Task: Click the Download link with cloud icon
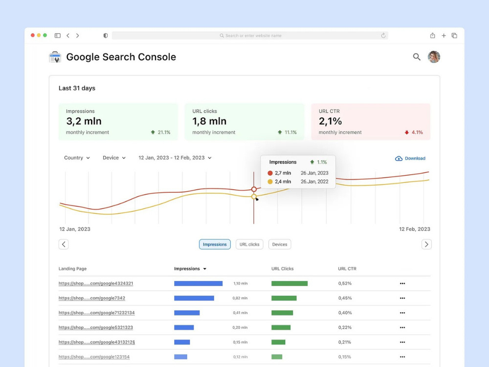(410, 158)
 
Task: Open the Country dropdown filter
(77, 158)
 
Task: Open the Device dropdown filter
(114, 158)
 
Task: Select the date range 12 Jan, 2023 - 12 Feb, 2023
(175, 158)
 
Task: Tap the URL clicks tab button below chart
(249, 244)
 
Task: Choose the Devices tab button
(280, 244)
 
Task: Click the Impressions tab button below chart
(215, 244)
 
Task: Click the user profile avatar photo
(434, 57)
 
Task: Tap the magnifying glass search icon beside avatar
(417, 57)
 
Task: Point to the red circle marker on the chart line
(254, 189)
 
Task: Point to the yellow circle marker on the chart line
(254, 197)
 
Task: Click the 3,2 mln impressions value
(84, 121)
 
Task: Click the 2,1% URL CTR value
(330, 121)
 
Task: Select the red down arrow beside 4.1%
(407, 132)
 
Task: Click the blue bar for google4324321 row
(199, 283)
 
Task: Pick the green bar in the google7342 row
(284, 298)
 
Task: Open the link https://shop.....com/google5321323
(96, 327)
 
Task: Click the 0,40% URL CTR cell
(345, 313)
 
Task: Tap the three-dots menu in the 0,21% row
(402, 342)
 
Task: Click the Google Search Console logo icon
(55, 57)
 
